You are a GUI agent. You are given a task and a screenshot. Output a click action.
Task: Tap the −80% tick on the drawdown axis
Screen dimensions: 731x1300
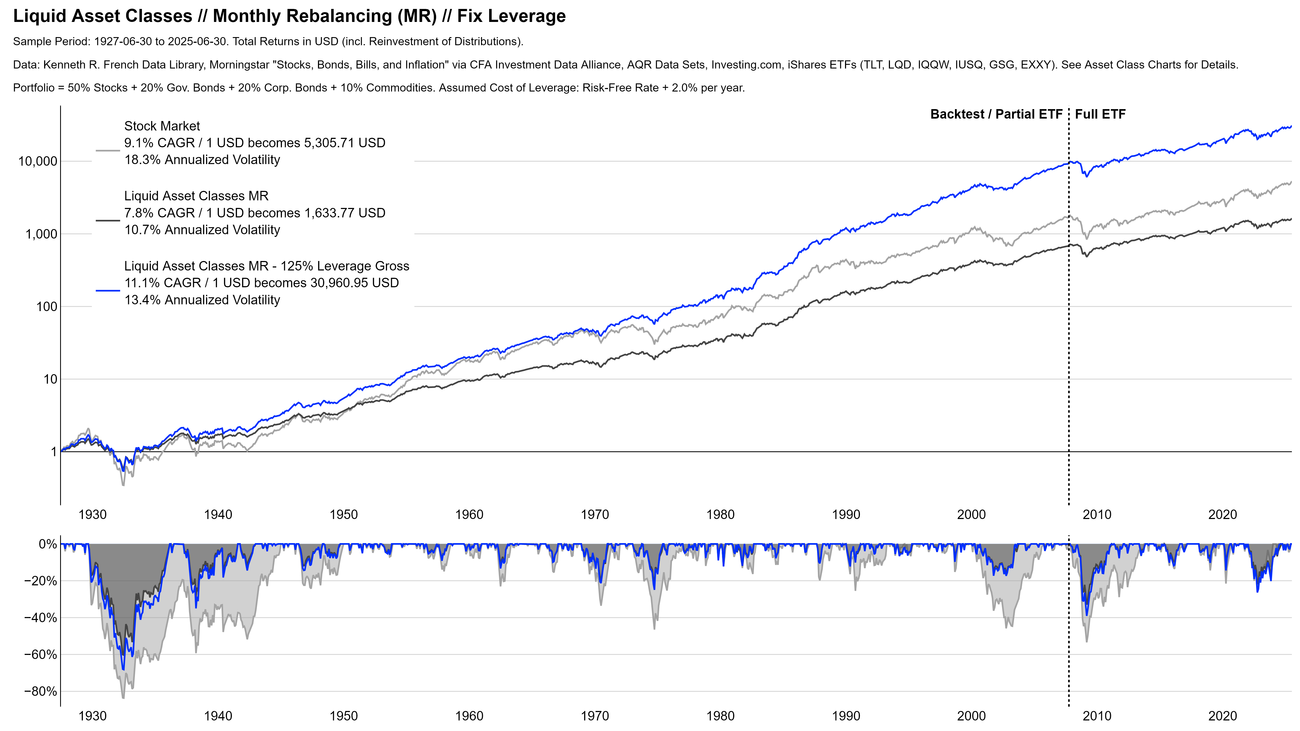(40, 692)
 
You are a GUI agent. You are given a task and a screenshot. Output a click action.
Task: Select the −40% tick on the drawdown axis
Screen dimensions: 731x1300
(40, 618)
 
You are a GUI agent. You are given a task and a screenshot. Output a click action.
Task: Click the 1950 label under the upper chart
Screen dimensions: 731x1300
(344, 515)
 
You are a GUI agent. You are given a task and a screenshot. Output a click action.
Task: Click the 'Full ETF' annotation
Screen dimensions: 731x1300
(1100, 115)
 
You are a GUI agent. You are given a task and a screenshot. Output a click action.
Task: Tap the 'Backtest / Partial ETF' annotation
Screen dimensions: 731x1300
(996, 115)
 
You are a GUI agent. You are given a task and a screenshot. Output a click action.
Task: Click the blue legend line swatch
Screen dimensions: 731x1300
(108, 291)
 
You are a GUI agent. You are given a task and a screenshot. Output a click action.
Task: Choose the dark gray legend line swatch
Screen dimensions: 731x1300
(108, 220)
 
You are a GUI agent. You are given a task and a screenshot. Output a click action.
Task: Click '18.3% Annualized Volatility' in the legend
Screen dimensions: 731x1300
(202, 160)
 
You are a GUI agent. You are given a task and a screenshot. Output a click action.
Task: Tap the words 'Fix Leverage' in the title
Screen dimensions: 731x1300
(511, 16)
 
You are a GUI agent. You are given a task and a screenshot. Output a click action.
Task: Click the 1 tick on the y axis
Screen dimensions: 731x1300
(54, 452)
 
